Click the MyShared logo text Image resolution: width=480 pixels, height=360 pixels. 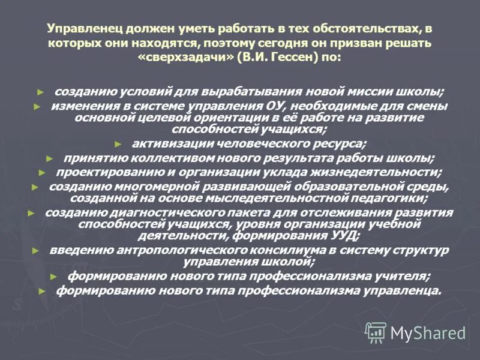pos(428,332)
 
